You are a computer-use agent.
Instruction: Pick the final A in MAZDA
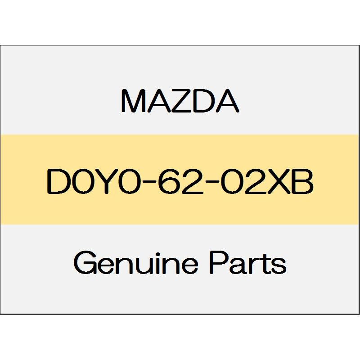227,101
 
